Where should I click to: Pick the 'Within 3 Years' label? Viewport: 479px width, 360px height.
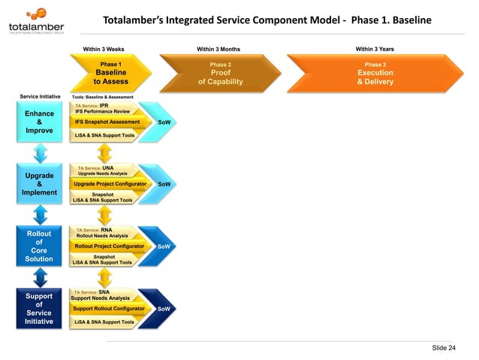[x=375, y=49]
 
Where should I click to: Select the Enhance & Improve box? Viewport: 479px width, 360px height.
[x=39, y=122]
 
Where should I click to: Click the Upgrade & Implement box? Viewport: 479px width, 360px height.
[x=39, y=183]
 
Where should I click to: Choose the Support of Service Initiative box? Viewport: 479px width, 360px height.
[x=39, y=309]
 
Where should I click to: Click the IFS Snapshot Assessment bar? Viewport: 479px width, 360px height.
[x=108, y=122]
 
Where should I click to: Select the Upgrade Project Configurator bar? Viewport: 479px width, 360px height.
[x=110, y=183]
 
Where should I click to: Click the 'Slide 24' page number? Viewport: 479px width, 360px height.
[x=443, y=347]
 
